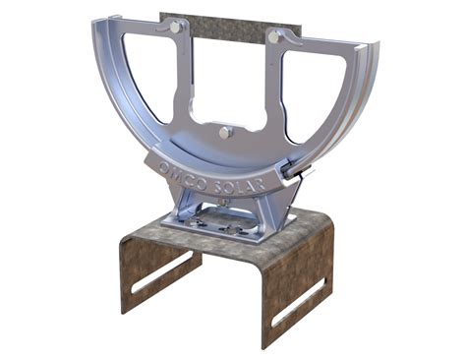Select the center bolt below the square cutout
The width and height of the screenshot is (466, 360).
226,131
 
